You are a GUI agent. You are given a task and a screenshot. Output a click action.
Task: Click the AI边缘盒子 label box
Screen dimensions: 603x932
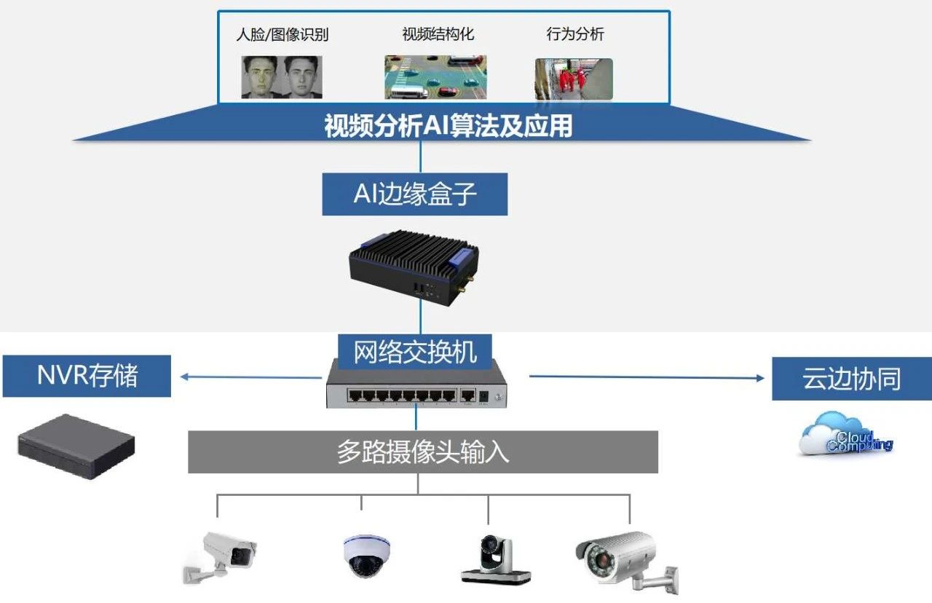tap(414, 194)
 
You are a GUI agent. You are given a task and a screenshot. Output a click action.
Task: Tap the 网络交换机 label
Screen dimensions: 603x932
tap(415, 352)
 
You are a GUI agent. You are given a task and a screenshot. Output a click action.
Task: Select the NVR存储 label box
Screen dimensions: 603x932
tap(87, 376)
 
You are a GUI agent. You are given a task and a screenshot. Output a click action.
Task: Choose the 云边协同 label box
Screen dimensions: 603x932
tap(851, 379)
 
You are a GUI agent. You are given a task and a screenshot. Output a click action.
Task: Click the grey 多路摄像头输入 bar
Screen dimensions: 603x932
tap(423, 452)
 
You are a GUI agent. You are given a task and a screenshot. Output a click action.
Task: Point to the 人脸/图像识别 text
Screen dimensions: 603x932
tap(283, 35)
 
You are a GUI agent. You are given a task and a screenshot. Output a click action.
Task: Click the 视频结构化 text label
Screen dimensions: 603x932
tap(433, 34)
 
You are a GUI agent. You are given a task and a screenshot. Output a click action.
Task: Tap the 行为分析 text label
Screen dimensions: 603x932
tap(575, 34)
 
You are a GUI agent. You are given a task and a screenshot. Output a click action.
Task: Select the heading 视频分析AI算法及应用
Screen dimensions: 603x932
tap(448, 127)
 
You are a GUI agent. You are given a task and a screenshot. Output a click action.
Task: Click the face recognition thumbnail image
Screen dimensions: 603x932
tap(282, 77)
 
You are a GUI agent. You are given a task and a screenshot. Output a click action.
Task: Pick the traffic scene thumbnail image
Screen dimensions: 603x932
tap(435, 77)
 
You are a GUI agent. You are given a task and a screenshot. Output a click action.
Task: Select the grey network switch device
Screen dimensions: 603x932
tap(416, 386)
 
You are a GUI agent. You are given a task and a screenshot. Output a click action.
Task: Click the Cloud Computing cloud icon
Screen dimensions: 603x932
tap(845, 434)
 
